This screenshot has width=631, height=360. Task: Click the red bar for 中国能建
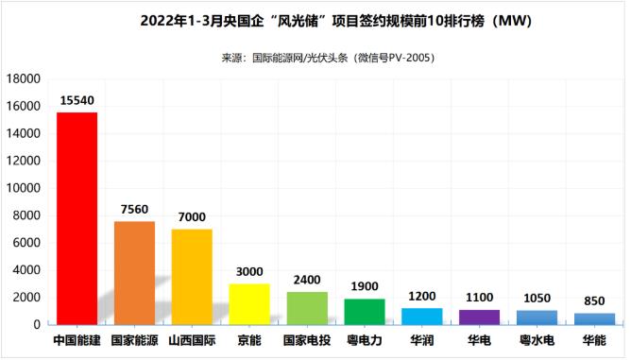tap(77, 218)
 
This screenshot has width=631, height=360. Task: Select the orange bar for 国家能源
tap(134, 273)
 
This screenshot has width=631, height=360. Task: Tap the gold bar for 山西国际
tap(192, 277)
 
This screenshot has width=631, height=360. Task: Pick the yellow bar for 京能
tap(249, 304)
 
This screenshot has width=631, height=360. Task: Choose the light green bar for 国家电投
tap(307, 308)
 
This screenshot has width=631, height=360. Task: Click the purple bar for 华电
tap(479, 317)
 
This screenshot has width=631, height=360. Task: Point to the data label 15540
tap(77, 99)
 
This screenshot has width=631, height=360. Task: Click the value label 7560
tap(134, 209)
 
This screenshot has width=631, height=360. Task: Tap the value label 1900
tap(365, 286)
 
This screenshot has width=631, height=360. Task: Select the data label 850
tap(594, 300)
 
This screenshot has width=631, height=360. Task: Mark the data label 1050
tap(537, 298)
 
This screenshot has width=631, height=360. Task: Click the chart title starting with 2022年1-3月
tap(315, 21)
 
